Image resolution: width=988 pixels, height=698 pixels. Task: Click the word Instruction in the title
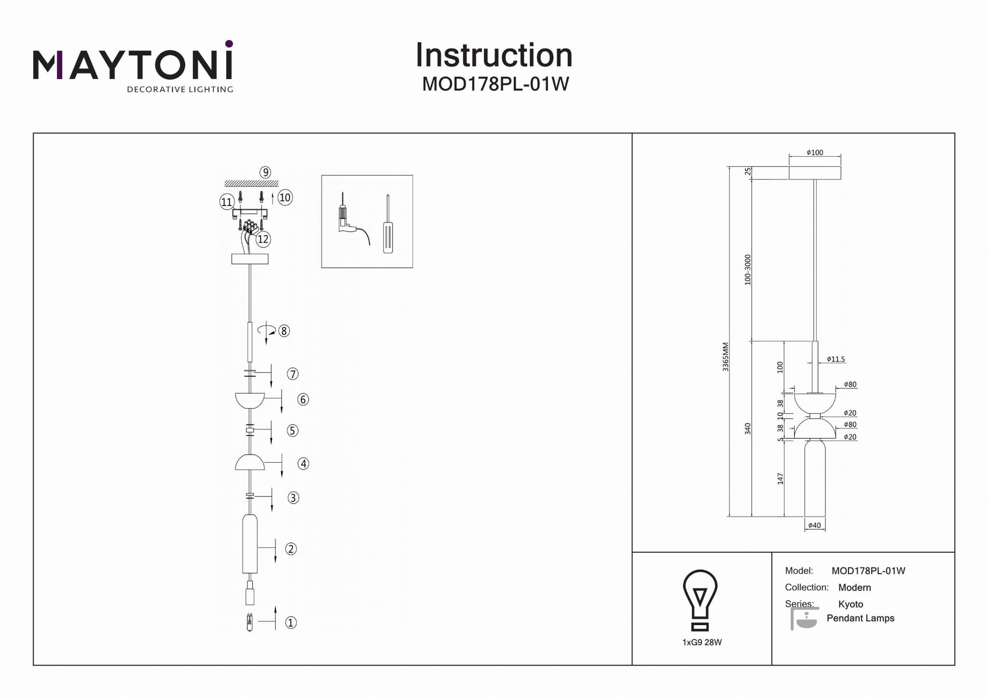tap(494, 55)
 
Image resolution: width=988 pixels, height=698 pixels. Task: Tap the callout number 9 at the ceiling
tap(265, 172)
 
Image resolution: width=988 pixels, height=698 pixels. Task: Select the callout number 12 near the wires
tap(263, 239)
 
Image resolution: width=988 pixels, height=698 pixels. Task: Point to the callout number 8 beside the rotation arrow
tap(284, 331)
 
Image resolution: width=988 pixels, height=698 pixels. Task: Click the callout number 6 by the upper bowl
tap(303, 399)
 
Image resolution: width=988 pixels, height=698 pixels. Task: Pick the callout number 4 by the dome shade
tap(303, 464)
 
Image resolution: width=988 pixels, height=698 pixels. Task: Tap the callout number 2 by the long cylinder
tap(291, 549)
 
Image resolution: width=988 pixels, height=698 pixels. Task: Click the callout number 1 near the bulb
tap(291, 623)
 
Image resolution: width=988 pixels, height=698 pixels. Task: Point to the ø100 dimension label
tap(815, 152)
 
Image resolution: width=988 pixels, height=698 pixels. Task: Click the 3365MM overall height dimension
tap(726, 356)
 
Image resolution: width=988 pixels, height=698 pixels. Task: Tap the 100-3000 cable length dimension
tap(748, 270)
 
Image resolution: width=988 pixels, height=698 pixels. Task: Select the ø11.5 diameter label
tap(836, 359)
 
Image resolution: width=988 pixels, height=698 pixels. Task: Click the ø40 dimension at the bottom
tap(814, 525)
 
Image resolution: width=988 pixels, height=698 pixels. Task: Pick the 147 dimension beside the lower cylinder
tap(781, 479)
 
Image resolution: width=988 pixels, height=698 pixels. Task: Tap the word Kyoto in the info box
tap(851, 604)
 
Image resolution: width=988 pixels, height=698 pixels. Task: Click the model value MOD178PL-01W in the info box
tap(868, 571)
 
